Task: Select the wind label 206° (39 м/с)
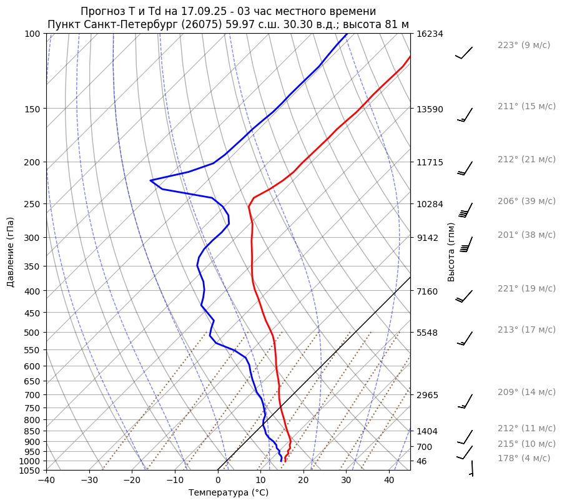click(x=526, y=201)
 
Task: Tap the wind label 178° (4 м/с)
click(x=524, y=458)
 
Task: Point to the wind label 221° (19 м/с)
click(x=526, y=288)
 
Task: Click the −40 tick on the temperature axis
click(x=46, y=481)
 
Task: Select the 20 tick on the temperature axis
click(x=303, y=481)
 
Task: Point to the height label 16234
click(x=430, y=34)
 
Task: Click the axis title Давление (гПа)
click(x=11, y=251)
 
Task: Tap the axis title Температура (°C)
click(x=229, y=493)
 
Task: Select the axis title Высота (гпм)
click(x=451, y=251)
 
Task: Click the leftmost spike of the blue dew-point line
click(x=150, y=181)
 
